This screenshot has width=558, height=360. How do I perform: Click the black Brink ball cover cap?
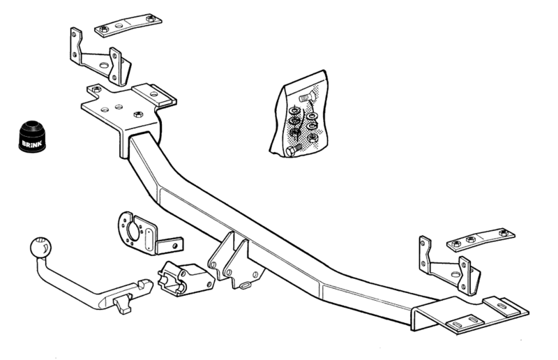click(32, 136)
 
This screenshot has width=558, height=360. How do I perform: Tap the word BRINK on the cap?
click(32, 144)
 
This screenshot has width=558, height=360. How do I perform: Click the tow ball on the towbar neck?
click(41, 247)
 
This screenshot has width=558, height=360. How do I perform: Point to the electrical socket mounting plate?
click(146, 234)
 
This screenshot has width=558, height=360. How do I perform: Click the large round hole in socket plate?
click(133, 232)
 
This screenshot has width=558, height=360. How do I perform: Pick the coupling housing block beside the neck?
click(186, 280)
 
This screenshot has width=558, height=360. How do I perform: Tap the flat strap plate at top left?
click(128, 24)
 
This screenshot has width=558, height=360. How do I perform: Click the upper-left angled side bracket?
click(100, 58)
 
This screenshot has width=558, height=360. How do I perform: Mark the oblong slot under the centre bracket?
click(246, 285)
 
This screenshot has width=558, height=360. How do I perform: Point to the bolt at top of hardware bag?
click(306, 97)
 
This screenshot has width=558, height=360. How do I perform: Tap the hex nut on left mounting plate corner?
click(96, 89)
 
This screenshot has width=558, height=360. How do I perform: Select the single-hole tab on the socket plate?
click(170, 246)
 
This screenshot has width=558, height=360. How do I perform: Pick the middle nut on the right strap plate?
click(470, 239)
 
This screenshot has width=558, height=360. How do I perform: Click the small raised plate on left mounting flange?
click(154, 94)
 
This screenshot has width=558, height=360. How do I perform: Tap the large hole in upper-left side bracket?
click(103, 66)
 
